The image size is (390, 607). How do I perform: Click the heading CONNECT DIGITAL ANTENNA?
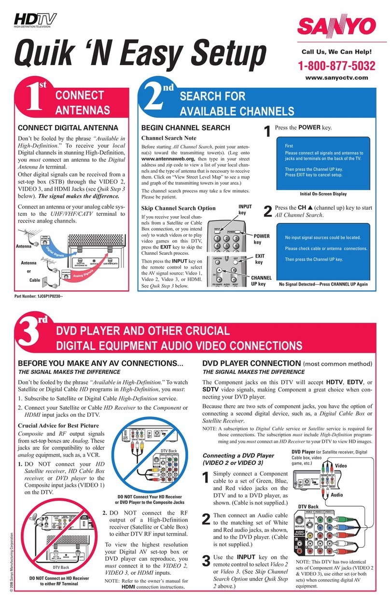(x=68, y=128)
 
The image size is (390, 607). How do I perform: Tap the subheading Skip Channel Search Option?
(x=178, y=208)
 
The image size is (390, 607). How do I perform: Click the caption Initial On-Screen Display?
(x=323, y=193)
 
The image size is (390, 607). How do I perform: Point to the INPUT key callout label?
(x=245, y=209)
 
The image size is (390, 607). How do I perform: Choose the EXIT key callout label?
(x=260, y=259)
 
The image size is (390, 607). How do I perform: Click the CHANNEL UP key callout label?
(x=261, y=281)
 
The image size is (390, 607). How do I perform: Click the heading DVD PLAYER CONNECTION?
(x=251, y=363)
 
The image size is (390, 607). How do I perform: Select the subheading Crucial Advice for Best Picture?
(x=58, y=426)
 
